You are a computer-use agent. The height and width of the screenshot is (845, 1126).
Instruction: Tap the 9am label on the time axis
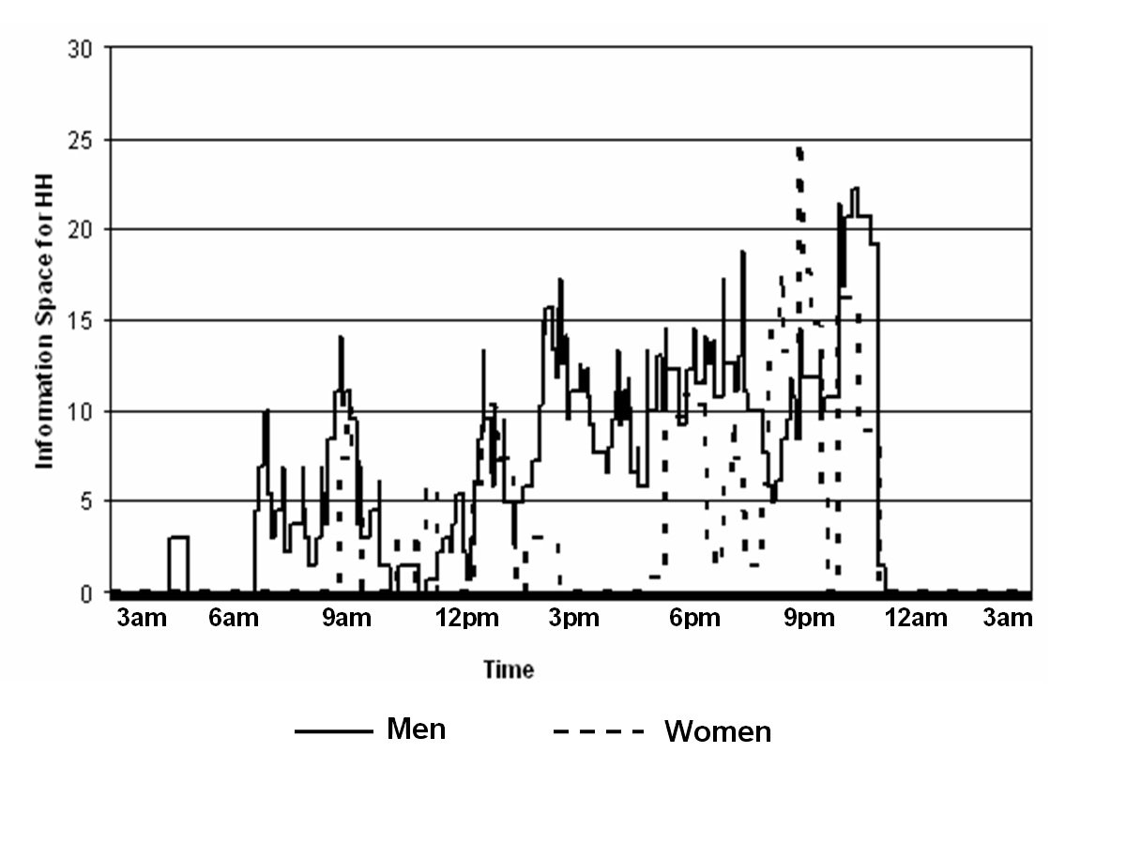346,619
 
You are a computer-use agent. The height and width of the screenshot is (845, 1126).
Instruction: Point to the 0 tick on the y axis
86,593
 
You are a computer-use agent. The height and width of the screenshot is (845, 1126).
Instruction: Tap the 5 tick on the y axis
86,502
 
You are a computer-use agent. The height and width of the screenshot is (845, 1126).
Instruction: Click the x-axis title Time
509,669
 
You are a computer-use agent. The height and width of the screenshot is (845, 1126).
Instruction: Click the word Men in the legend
416,729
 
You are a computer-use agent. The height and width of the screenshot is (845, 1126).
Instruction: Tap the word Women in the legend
718,731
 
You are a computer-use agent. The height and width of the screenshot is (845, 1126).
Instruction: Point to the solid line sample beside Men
330,731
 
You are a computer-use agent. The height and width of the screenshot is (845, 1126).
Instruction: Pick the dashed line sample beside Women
599,731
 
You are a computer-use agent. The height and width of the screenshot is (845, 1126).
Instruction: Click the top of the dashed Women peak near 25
799,148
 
